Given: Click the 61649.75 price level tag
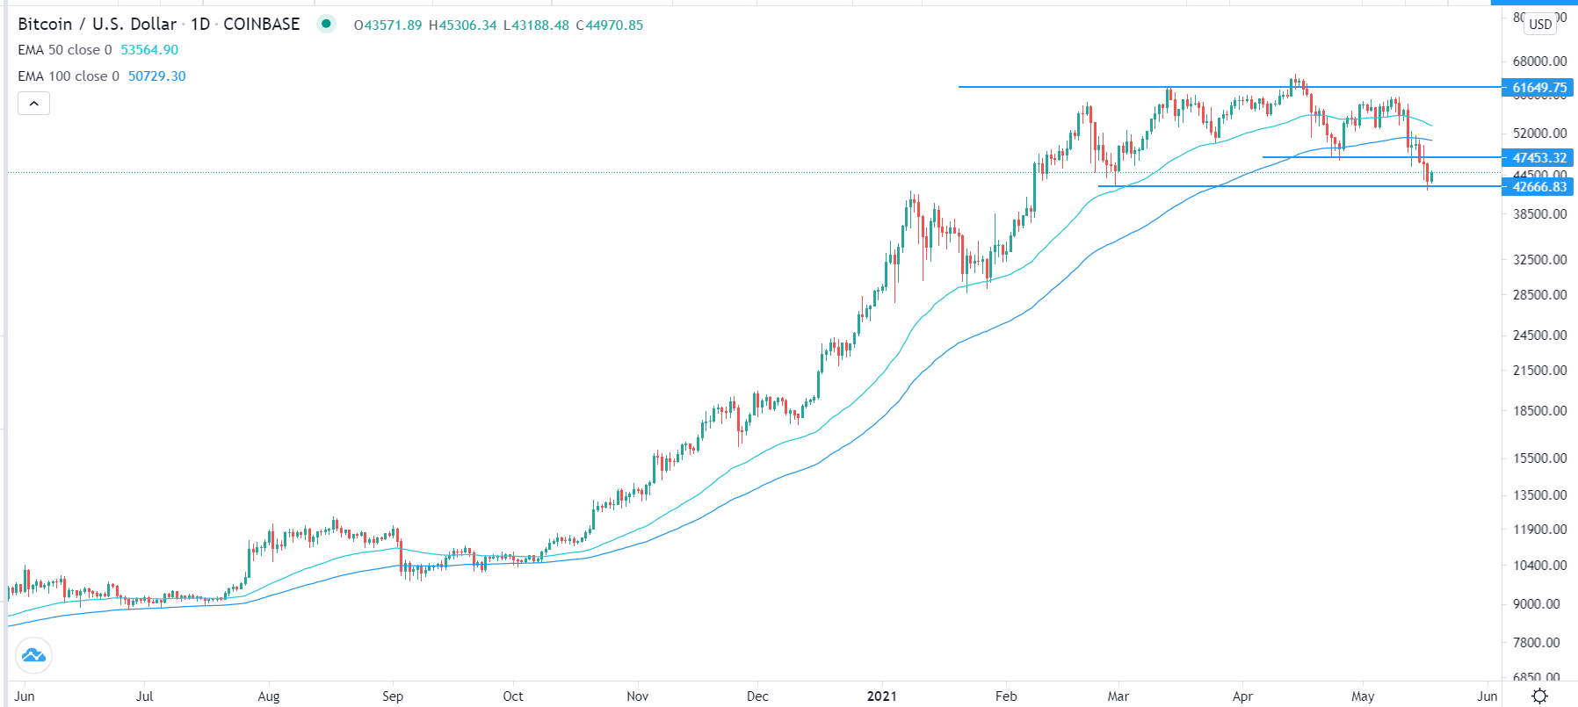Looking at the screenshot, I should pyautogui.click(x=1538, y=87).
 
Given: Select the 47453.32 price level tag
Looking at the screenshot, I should pyautogui.click(x=1538, y=158).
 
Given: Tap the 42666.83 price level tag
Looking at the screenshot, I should pyautogui.click(x=1538, y=186).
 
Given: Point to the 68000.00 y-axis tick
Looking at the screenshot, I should pyautogui.click(x=1539, y=61).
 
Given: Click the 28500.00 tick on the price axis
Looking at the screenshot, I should pyautogui.click(x=1539, y=295).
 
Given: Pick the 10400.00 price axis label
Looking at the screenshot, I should pyautogui.click(x=1539, y=566).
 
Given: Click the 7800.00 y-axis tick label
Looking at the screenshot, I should pyautogui.click(x=1539, y=643).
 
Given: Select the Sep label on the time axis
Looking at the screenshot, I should pyautogui.click(x=393, y=696).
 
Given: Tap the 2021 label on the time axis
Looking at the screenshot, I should pyautogui.click(x=882, y=696).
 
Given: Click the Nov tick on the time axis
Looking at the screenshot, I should pyautogui.click(x=638, y=696).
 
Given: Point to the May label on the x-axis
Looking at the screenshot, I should pyautogui.click(x=1363, y=696).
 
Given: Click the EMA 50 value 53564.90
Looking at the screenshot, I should pyautogui.click(x=149, y=50).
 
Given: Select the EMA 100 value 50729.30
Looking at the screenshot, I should pyautogui.click(x=157, y=76).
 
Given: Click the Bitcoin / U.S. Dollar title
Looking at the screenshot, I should pyautogui.click(x=97, y=25).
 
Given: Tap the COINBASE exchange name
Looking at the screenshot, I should pyautogui.click(x=261, y=25).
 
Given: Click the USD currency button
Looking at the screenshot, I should pyautogui.click(x=1540, y=24).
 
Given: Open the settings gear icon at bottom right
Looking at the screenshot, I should pyautogui.click(x=1540, y=696).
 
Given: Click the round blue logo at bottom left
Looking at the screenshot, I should pyautogui.click(x=33, y=655).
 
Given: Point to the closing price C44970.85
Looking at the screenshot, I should pyautogui.click(x=610, y=25).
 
